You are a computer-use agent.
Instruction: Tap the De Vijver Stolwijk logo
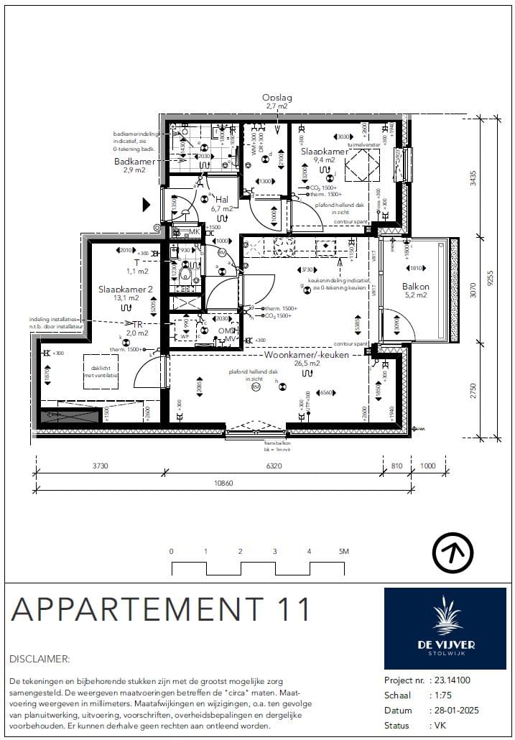coord(445,627)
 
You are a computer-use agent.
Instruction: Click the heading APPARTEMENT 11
coord(161,609)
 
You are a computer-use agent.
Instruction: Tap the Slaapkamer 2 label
coord(126,290)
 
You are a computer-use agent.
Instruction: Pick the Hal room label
coord(222,199)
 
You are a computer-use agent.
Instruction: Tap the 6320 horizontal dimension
coord(274,466)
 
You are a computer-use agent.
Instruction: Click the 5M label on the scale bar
coord(343,551)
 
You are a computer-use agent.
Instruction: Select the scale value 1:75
coord(440,695)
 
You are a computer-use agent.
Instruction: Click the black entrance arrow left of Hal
coord(147,205)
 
